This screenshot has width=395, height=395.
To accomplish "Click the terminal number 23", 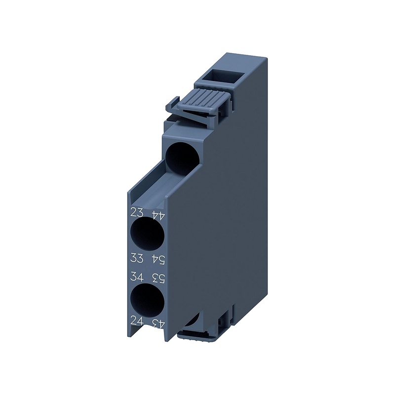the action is click(137, 213).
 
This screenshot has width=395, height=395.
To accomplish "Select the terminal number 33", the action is click(137, 258).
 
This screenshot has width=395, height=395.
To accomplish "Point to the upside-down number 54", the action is click(158, 260).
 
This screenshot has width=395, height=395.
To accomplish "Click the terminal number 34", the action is click(137, 277).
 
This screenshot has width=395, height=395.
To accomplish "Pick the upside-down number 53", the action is click(158, 278).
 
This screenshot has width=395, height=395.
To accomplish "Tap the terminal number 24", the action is click(137, 321).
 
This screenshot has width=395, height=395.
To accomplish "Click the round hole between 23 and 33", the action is click(147, 234).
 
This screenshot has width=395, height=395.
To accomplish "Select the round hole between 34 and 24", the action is click(147, 300).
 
